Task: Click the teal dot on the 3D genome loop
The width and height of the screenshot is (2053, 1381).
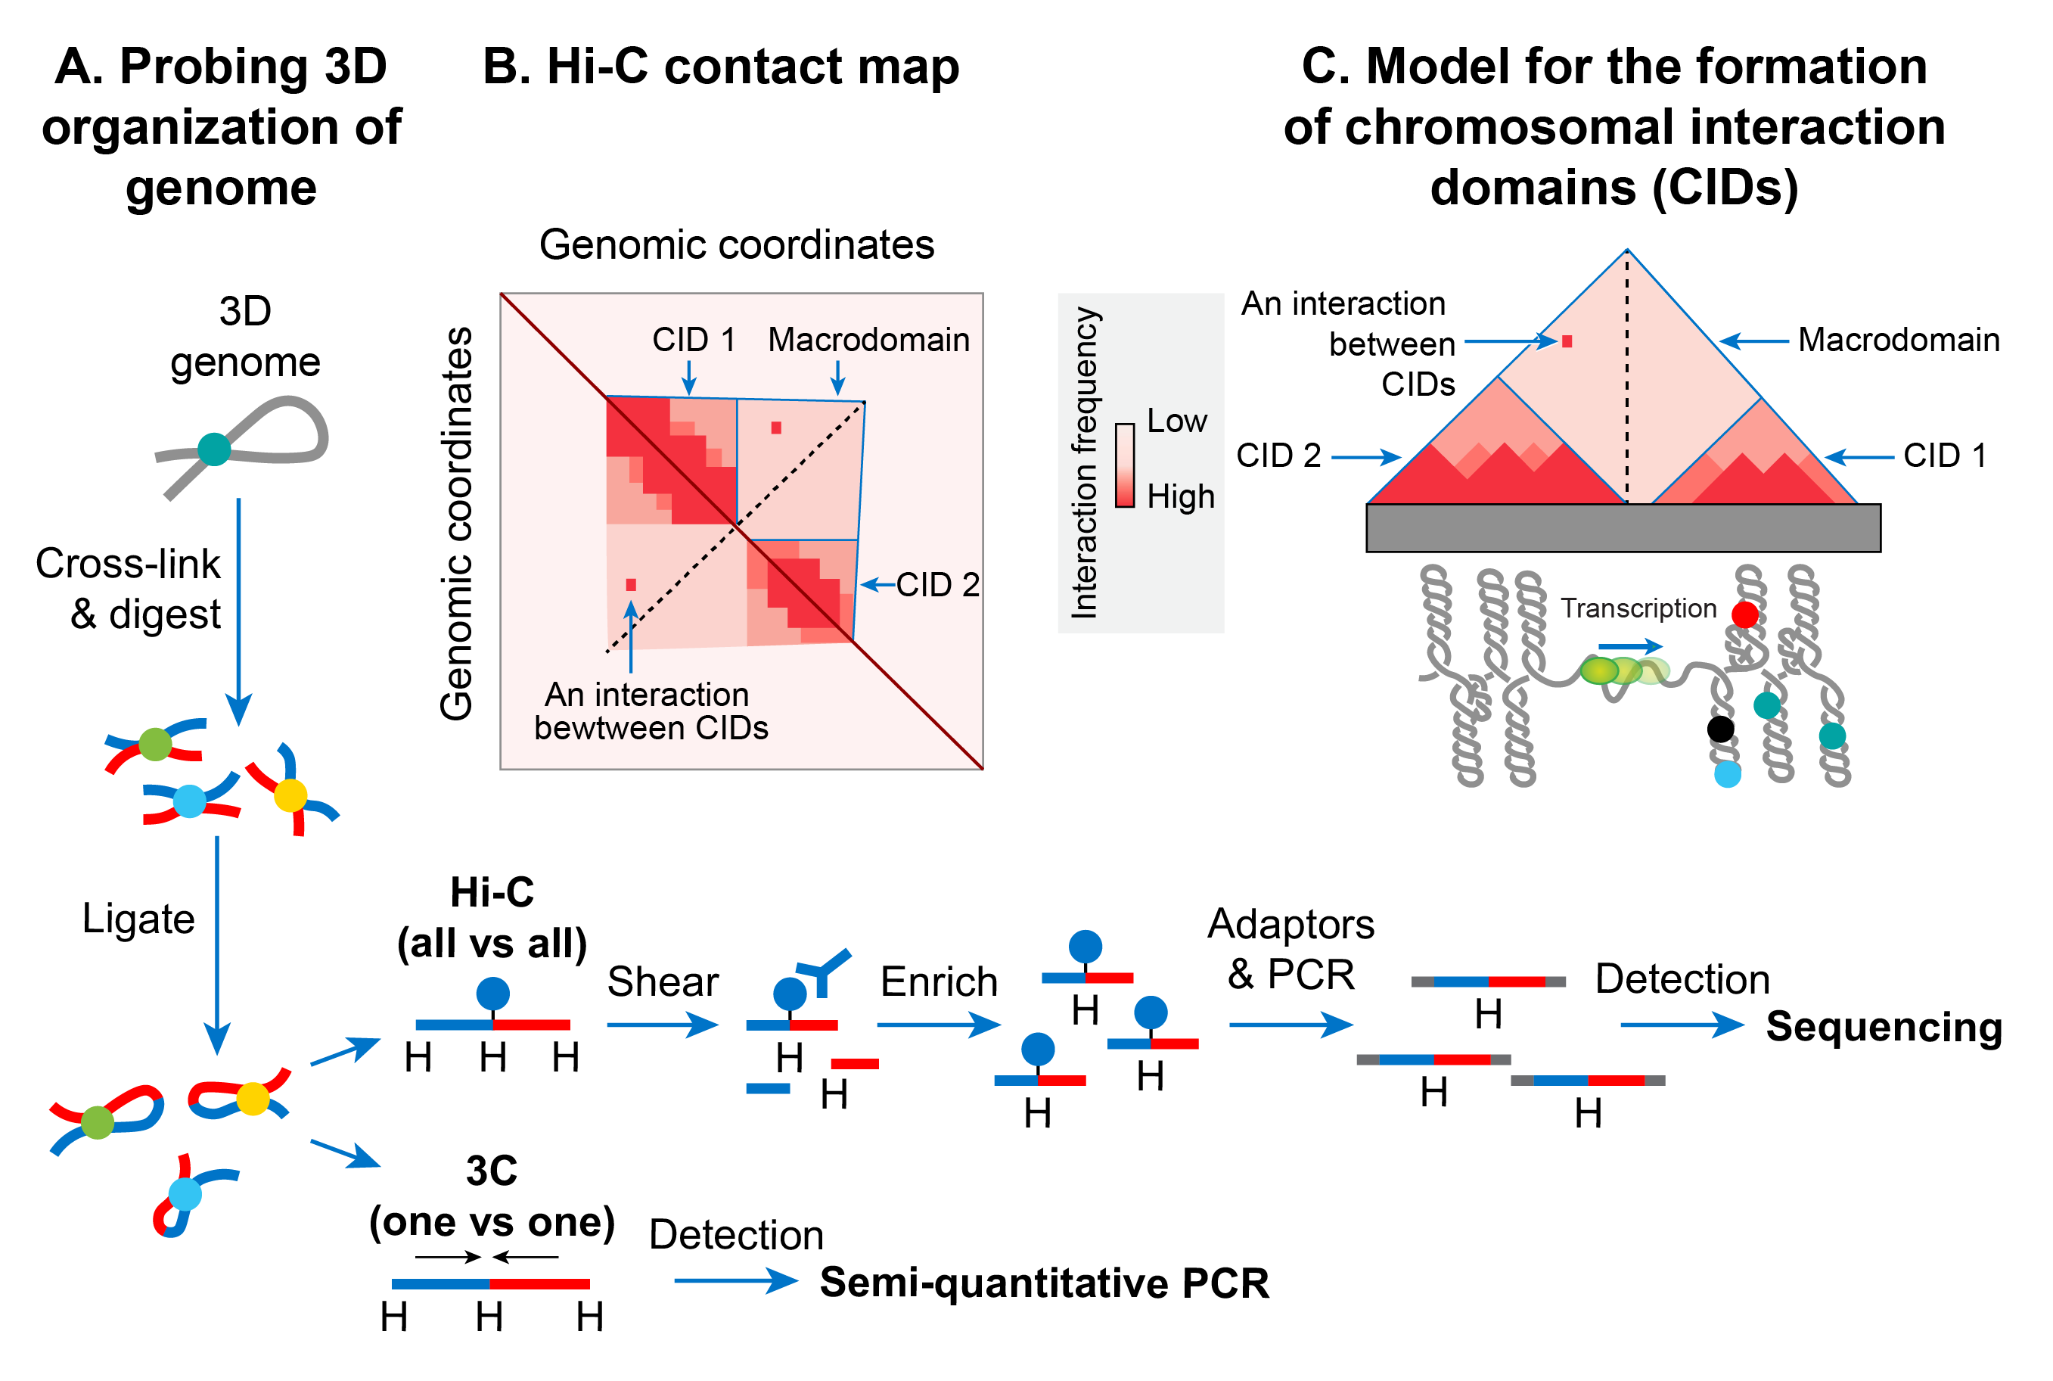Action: coord(214,449)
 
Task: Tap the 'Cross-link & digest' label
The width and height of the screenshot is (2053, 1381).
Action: coord(129,588)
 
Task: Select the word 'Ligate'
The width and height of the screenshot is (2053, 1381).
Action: coord(138,919)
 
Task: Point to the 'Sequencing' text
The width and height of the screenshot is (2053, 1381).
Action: coord(1884,1027)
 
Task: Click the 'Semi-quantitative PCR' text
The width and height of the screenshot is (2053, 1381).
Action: coord(1044,1283)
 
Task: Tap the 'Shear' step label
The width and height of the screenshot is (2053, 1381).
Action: coord(662,981)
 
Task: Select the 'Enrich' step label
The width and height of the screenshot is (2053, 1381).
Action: coord(939,981)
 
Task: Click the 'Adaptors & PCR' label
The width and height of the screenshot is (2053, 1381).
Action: coord(1291,950)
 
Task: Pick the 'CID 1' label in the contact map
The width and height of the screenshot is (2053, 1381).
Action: coord(694,340)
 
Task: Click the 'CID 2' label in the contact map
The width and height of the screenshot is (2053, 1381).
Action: coord(937,585)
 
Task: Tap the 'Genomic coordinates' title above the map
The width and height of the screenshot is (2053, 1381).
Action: coord(736,245)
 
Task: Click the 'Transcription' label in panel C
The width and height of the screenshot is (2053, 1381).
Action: coord(1638,608)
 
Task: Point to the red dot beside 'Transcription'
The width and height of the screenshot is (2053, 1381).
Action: coord(1745,614)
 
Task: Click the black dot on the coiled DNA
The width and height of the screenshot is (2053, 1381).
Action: coord(1720,729)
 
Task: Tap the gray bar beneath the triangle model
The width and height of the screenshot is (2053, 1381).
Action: coord(1623,527)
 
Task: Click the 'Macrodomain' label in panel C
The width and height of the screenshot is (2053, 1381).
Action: coord(1898,340)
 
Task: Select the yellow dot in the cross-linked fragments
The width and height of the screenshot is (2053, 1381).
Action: coord(290,795)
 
